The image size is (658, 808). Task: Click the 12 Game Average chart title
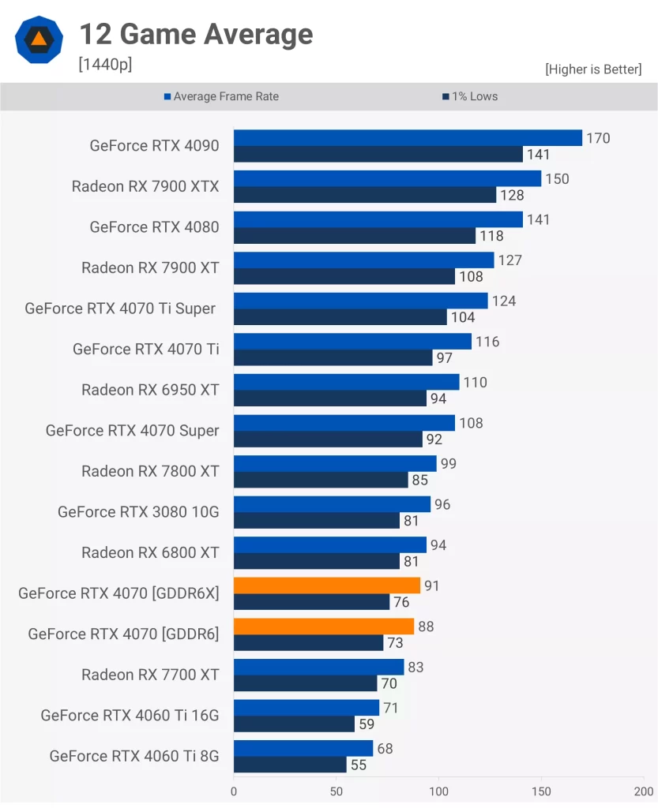coord(196,34)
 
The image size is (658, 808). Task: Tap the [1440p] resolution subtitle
coord(105,65)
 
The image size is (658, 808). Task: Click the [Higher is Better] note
coord(593,69)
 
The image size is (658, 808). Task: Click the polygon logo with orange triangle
coord(39,39)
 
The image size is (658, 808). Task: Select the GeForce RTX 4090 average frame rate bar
coord(408,138)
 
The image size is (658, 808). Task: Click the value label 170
coord(598,138)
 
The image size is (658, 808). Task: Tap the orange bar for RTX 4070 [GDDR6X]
coord(327,585)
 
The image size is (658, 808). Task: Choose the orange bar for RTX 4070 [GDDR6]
coord(324,627)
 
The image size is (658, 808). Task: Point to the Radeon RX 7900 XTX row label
coord(145,186)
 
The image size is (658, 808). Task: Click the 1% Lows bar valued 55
coord(290,765)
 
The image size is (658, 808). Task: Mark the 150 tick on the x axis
coord(541,791)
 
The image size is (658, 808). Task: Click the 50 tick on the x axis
coord(337,791)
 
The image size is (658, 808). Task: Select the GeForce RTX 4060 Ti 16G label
coord(130,716)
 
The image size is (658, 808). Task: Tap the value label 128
coord(512,195)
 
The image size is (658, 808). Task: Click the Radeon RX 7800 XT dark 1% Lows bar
coord(321,480)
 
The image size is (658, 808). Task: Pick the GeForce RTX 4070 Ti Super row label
coord(120,309)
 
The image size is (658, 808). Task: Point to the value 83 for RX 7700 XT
coord(416,668)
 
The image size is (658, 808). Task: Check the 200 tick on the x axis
coord(643,791)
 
